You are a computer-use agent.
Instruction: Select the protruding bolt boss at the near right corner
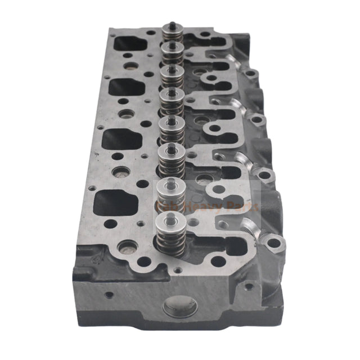tap(273, 243)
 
